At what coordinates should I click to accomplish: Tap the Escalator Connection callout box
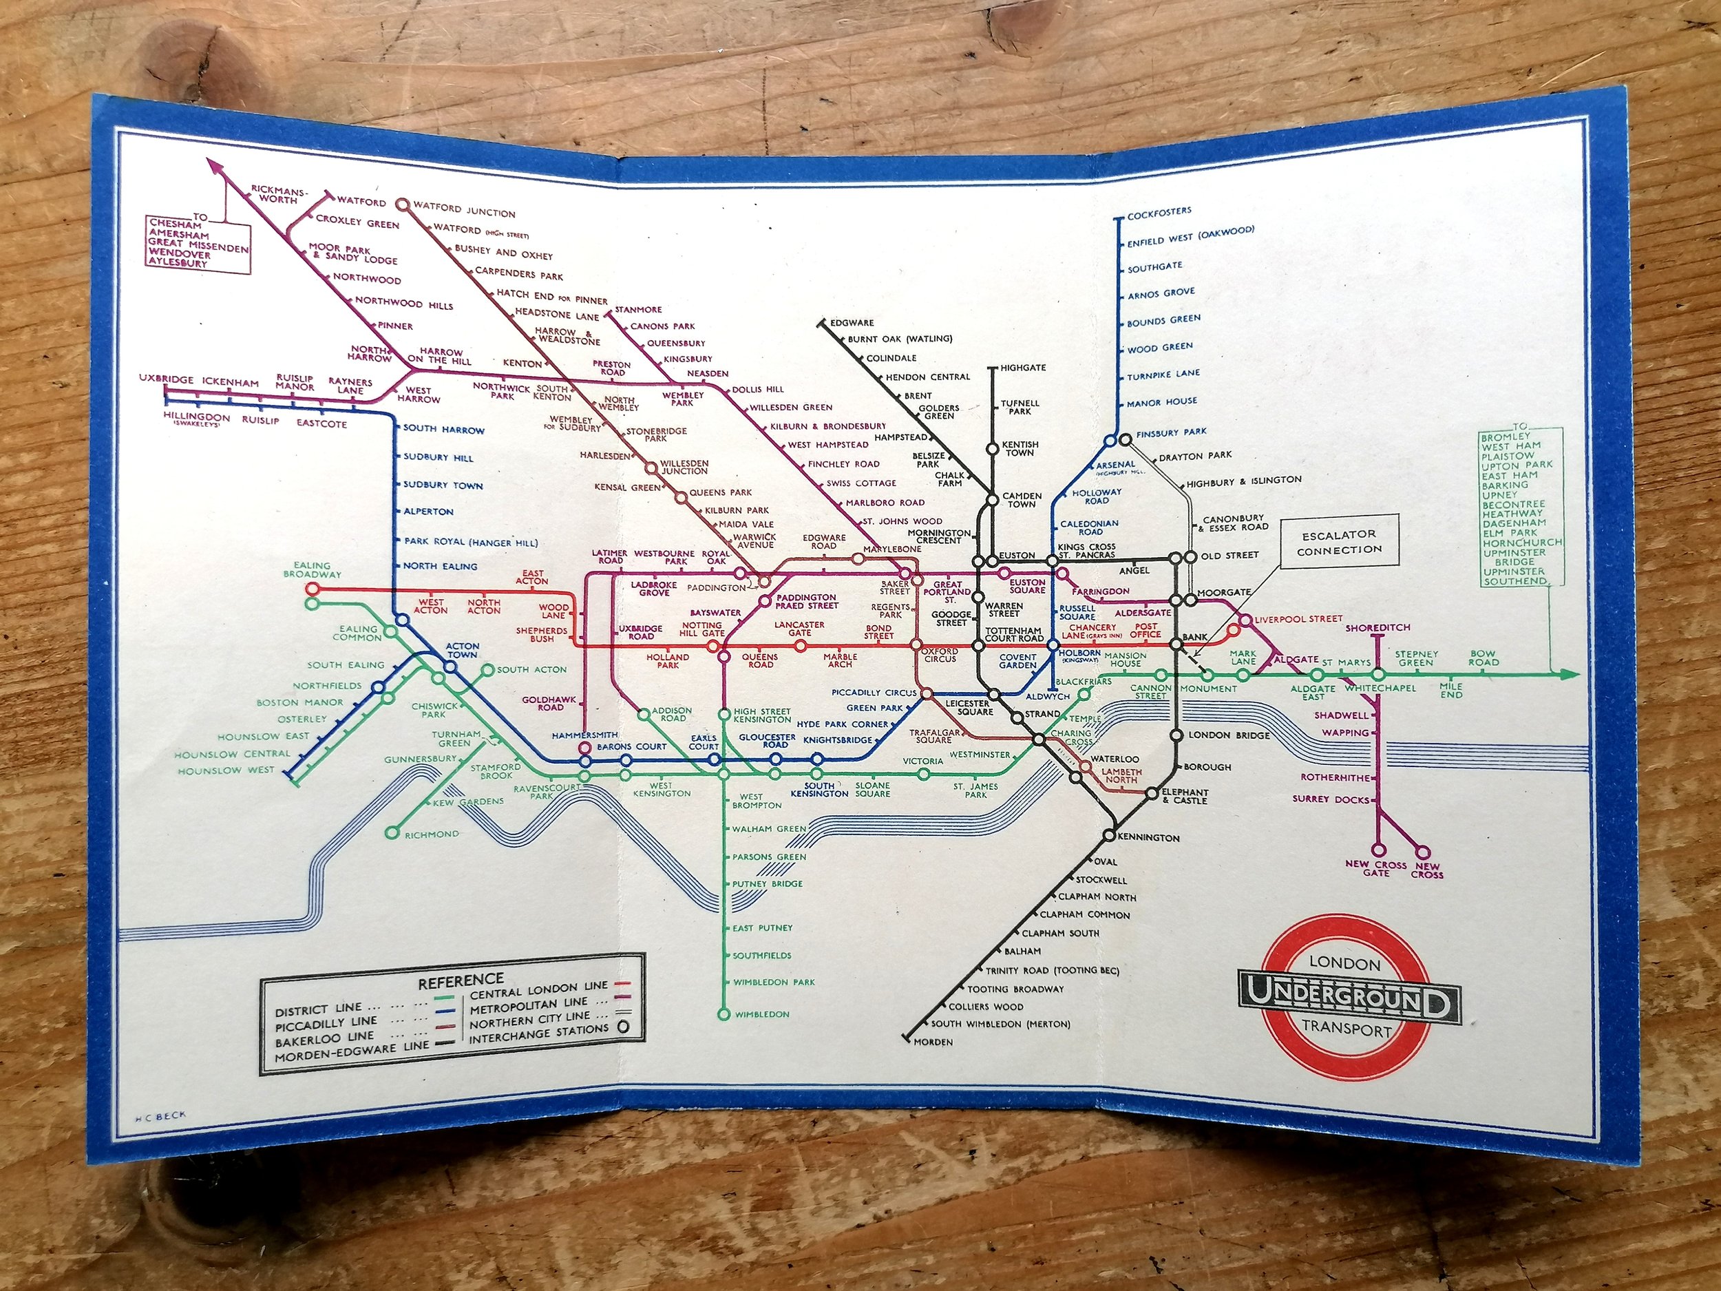click(x=1338, y=540)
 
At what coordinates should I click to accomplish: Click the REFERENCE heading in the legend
click(x=461, y=980)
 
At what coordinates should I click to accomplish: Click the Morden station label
click(x=933, y=1042)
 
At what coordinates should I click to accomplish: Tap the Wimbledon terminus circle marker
click(x=724, y=1014)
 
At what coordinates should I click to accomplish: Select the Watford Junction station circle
click(x=403, y=204)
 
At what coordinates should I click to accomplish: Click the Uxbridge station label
click(x=166, y=380)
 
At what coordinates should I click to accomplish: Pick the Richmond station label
click(x=432, y=835)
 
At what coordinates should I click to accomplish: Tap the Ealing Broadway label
click(x=312, y=569)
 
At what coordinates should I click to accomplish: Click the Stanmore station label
click(x=638, y=310)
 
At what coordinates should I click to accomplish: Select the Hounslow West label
click(x=226, y=770)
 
